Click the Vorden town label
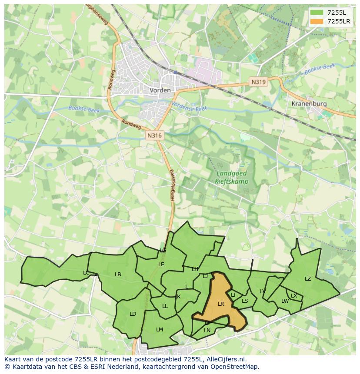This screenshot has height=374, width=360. coord(160,90)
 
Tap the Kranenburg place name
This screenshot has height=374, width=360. coord(309,104)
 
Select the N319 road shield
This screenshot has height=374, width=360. coord(258,81)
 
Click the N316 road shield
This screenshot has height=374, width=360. coord(154,136)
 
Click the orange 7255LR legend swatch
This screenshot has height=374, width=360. coord(317,21)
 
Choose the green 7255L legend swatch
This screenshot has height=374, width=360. coord(317,13)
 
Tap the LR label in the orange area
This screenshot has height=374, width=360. coord(221,304)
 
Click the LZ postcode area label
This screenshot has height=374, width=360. coord(308,279)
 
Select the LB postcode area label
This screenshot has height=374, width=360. coord(118,275)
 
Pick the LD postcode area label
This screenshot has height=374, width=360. coord(133,314)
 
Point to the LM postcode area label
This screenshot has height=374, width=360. coord(160,330)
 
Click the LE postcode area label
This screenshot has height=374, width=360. coord(161,264)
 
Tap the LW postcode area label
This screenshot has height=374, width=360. coord(285,301)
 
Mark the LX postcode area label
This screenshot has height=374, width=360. coord(294,296)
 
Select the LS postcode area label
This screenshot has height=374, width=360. coord(245,301)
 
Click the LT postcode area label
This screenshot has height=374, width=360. coord(233,295)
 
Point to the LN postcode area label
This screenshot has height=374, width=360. coord(207,331)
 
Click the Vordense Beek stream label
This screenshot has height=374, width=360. coord(189,107)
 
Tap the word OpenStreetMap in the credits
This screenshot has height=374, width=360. coord(234,367)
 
